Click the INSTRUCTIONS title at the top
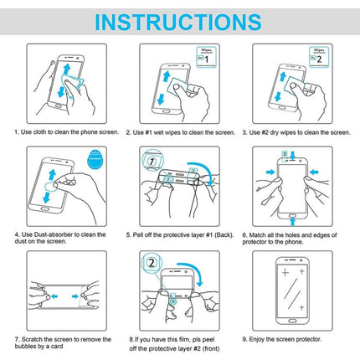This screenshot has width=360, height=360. pyautogui.click(x=179, y=19)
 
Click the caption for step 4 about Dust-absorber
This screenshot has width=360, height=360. pyautogui.click(x=59, y=239)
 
